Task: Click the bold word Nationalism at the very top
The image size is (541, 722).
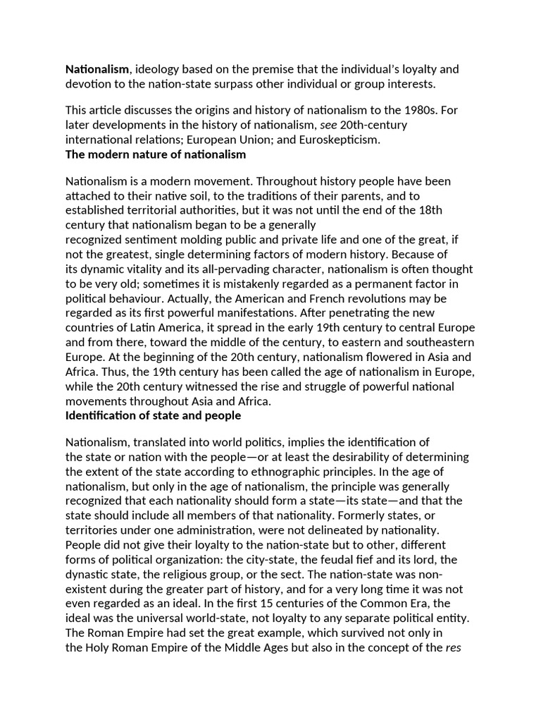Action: pyautogui.click(x=97, y=70)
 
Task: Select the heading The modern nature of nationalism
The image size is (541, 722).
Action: pyautogui.click(x=156, y=154)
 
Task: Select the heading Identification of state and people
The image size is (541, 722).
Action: pyautogui.click(x=153, y=415)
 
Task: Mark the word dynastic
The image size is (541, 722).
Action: pyautogui.click(x=87, y=574)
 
